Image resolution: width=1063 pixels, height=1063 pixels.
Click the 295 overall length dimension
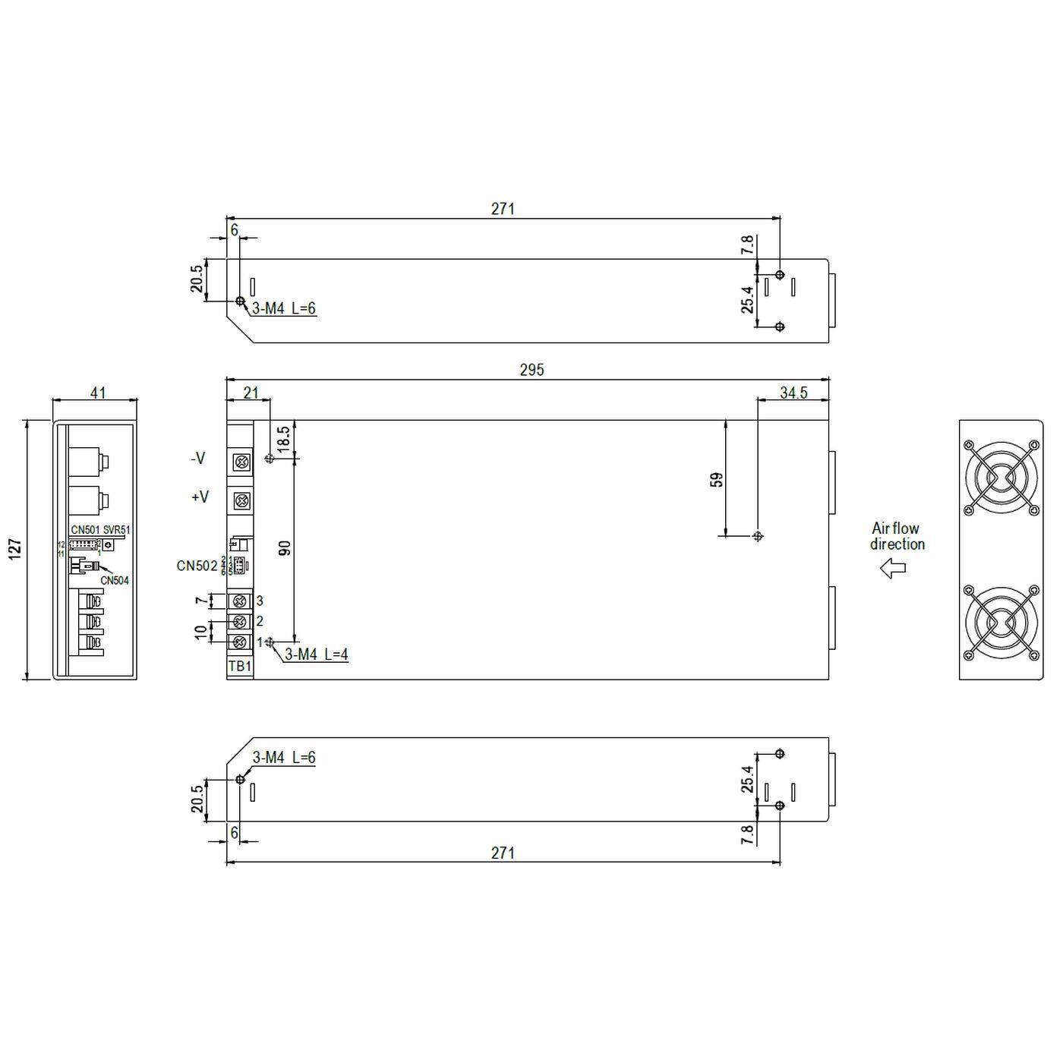[531, 370]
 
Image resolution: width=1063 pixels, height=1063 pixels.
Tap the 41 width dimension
[98, 393]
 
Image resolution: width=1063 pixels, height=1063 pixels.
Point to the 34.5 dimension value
[793, 393]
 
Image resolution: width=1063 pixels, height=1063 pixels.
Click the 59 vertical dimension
[717, 480]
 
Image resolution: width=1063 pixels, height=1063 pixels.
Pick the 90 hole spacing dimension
[285, 548]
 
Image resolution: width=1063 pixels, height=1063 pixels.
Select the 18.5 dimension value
[282, 440]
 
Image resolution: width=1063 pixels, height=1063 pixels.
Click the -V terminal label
[197, 459]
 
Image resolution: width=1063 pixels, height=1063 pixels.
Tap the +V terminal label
[200, 497]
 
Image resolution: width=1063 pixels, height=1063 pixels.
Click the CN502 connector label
[197, 566]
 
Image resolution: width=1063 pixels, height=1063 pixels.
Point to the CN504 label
[115, 581]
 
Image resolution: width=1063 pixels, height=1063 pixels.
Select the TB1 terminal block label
[239, 667]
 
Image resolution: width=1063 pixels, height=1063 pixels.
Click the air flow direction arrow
[892, 568]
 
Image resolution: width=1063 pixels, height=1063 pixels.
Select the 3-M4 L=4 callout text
[316, 655]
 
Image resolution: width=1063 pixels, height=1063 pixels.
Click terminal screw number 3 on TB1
[241, 601]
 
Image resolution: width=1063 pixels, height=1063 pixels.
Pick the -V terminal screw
[241, 461]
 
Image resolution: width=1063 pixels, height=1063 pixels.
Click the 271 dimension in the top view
[503, 209]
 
